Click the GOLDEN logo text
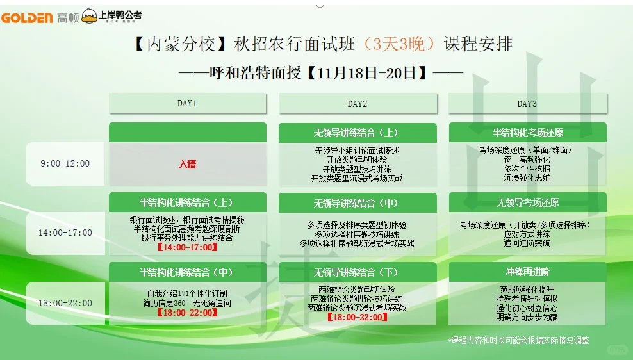tap(28, 18)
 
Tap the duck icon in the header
tap(90, 17)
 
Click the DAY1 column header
tap(187, 103)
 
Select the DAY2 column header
tap(358, 103)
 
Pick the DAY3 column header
tap(527, 103)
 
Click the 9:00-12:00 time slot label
tap(65, 163)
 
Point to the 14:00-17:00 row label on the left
tap(65, 233)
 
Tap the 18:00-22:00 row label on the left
tap(65, 303)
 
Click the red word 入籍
tap(187, 164)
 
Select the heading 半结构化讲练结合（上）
tap(187, 202)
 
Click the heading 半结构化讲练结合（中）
tap(187, 272)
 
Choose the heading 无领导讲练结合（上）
tap(358, 133)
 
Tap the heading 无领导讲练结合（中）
tap(358, 203)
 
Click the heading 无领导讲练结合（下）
tap(358, 273)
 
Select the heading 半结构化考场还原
tap(527, 133)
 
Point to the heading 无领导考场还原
tap(527, 202)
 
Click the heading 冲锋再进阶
tap(527, 272)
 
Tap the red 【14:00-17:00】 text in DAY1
tap(187, 247)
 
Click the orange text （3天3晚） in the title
tap(399, 44)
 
